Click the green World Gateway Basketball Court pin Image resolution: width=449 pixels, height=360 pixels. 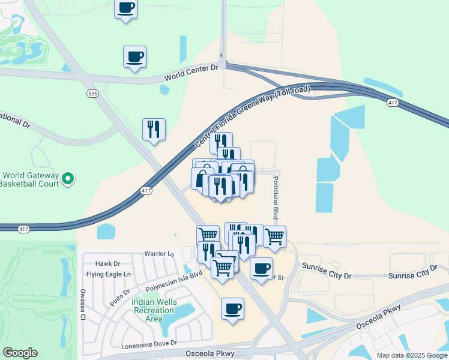pyautogui.click(x=68, y=178)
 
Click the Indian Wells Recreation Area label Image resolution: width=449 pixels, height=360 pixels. pyautogui.click(x=154, y=310)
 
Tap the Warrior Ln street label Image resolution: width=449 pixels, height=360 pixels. pyautogui.click(x=158, y=254)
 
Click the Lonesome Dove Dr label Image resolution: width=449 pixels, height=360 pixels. pyautogui.click(x=149, y=344)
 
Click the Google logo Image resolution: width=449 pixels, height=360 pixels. pyautogui.click(x=20, y=353)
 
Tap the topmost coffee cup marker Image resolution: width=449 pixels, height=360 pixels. pyautogui.click(x=125, y=8)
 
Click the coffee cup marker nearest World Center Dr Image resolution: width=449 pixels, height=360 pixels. pyautogui.click(x=134, y=57)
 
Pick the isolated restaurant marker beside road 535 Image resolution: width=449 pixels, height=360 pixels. pyautogui.click(x=154, y=129)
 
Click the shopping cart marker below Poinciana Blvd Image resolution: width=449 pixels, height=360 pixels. pyautogui.click(x=274, y=236)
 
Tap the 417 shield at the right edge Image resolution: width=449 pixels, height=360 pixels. pyautogui.click(x=393, y=104)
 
